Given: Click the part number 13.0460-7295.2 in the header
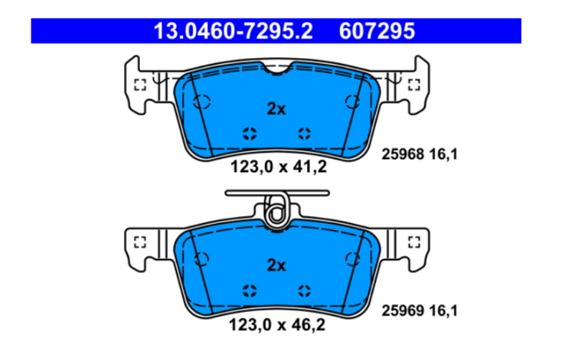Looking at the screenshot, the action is pos(233,31).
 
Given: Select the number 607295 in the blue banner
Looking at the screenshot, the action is pos(377,31).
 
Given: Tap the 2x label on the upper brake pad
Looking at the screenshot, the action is pos(276,109).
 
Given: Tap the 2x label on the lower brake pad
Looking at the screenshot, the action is pos(276,265).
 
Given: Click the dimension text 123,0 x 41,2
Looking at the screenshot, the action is pos(278,167).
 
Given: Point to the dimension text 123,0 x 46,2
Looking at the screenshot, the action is pos(277,325).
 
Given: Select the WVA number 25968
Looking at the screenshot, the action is pos(403,154).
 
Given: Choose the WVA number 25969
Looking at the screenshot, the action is pos(403,311).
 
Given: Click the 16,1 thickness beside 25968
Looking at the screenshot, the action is pos(443,154).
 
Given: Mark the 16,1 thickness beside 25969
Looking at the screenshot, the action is pos(443,311).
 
